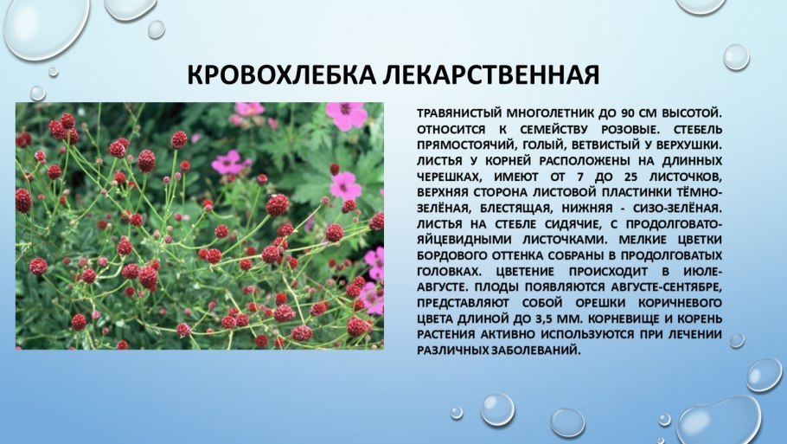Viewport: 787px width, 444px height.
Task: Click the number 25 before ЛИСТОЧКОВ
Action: click(628, 177)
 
